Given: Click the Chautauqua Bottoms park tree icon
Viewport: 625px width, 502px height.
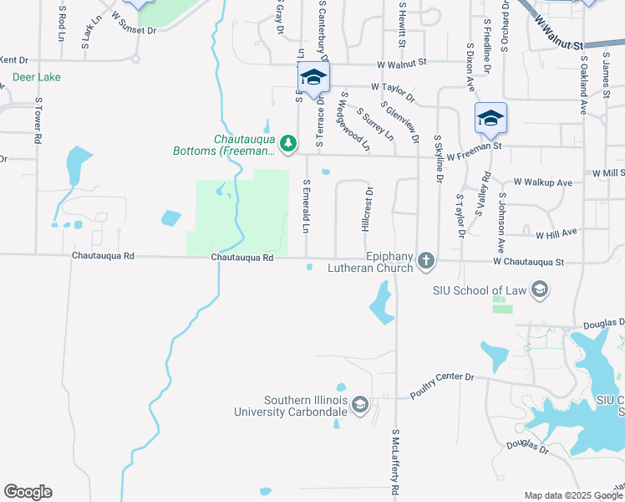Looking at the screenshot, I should click(288, 144).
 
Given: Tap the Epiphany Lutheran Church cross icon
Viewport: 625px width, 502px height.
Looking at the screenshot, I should click(426, 262).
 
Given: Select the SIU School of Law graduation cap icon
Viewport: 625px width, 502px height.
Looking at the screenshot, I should click(539, 290).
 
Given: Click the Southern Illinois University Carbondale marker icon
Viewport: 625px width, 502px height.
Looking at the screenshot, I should click(360, 406).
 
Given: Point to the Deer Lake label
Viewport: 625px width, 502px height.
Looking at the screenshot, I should click(37, 77).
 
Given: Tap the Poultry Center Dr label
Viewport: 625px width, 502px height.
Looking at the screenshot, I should click(441, 385).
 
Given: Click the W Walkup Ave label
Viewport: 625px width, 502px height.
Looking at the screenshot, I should click(542, 182).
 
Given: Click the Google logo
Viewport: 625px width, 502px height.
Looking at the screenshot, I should click(28, 492).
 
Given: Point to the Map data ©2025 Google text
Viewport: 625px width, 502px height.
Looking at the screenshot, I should click(573, 495).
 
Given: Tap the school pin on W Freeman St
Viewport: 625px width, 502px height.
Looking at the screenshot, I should click(490, 117).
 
